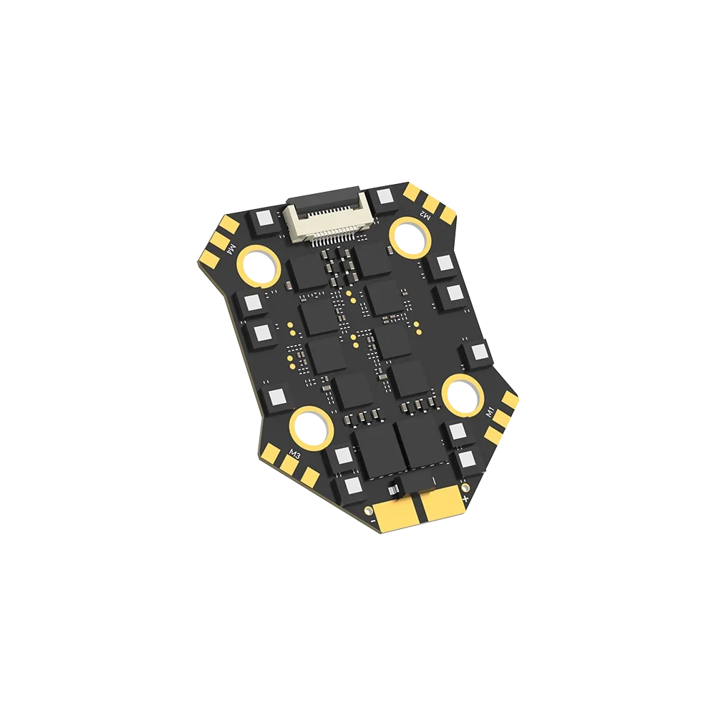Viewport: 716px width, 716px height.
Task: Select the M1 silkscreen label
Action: click(x=490, y=412)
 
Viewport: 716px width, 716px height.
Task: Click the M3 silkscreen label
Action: click(x=294, y=453)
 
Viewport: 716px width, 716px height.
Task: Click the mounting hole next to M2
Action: click(x=409, y=235)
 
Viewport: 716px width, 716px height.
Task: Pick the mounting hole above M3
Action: click(x=314, y=425)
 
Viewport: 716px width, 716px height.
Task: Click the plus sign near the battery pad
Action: click(x=466, y=495)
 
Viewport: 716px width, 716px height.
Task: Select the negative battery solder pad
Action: click(x=395, y=513)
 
